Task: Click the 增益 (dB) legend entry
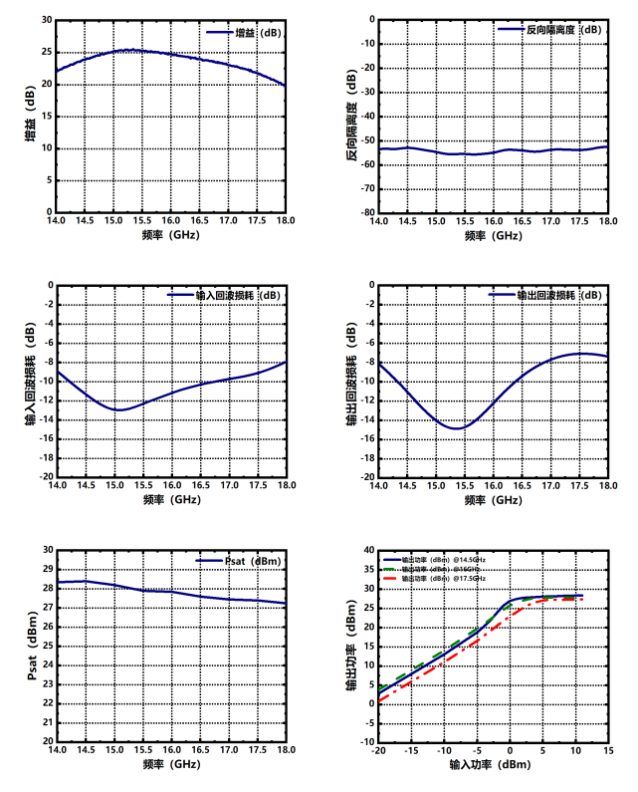click(243, 33)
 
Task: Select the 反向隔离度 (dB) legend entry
click(549, 30)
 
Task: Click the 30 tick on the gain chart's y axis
click(45, 20)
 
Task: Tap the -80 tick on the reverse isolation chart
click(366, 212)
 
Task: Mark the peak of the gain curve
click(130, 49)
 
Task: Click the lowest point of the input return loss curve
click(119, 409)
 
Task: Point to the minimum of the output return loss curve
click(457, 428)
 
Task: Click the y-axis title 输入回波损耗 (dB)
click(29, 380)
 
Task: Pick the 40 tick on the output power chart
click(367, 550)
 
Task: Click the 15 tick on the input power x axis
click(608, 751)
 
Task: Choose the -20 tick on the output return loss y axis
click(366, 476)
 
